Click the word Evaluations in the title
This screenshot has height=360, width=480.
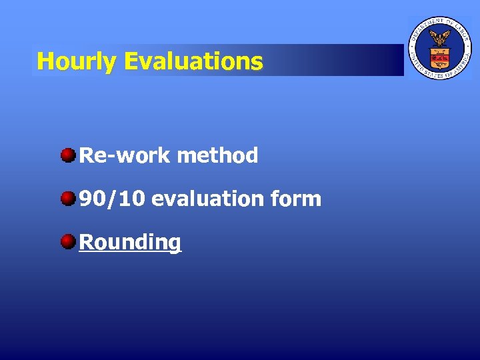point(193,62)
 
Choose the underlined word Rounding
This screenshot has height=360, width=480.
point(130,242)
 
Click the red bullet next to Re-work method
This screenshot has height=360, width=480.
point(68,156)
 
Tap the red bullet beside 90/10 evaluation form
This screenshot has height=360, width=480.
point(68,199)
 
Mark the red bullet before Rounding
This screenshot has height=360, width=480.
point(68,241)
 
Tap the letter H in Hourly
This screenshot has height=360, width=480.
point(45,62)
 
